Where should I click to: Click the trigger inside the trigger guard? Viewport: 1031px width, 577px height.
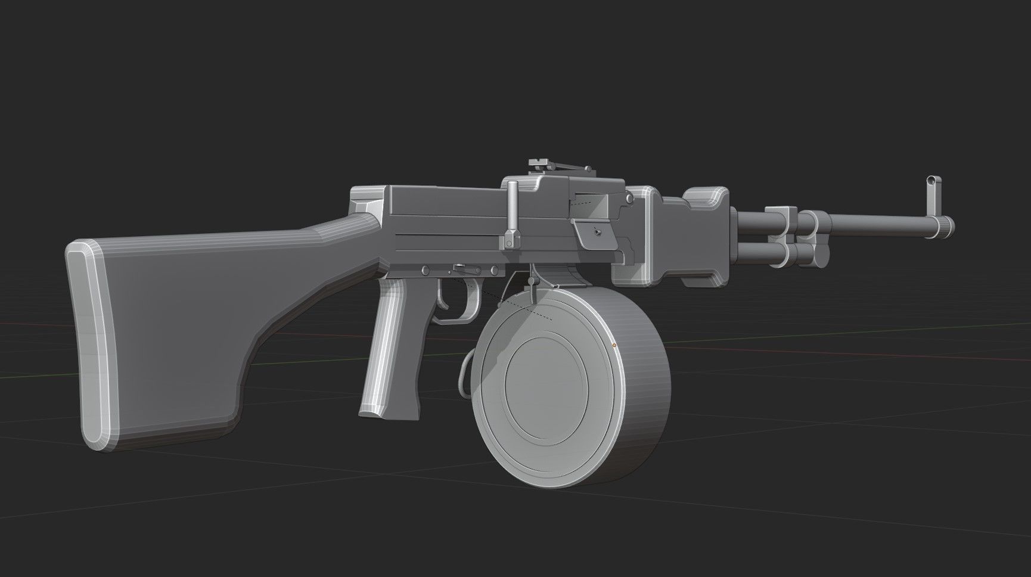[444, 298]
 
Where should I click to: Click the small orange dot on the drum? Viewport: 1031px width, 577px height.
[614, 345]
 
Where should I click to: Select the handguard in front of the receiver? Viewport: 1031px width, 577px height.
[691, 238]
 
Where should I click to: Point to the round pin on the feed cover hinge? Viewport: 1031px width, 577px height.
[628, 198]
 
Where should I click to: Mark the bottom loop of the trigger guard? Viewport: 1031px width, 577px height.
[453, 319]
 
